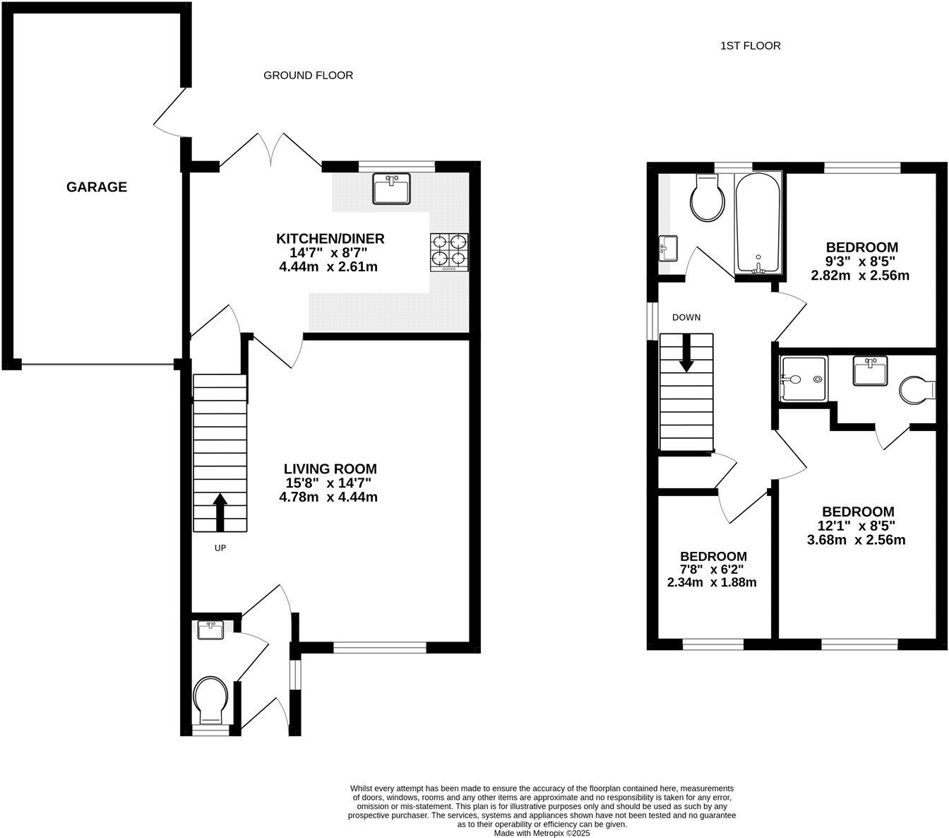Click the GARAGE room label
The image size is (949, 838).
[97, 187]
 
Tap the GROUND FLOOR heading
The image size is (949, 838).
[308, 75]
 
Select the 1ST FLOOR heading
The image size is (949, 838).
[750, 46]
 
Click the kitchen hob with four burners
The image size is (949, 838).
[449, 252]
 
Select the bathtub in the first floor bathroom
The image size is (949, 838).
[758, 223]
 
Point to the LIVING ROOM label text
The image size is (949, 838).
[330, 468]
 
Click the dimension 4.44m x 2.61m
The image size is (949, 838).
[328, 266]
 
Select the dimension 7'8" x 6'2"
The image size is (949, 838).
[712, 570]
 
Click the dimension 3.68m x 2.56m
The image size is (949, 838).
[856, 540]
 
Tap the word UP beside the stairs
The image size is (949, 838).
[220, 548]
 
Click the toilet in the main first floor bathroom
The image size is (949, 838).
[708, 197]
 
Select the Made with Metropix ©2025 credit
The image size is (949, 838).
[542, 833]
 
